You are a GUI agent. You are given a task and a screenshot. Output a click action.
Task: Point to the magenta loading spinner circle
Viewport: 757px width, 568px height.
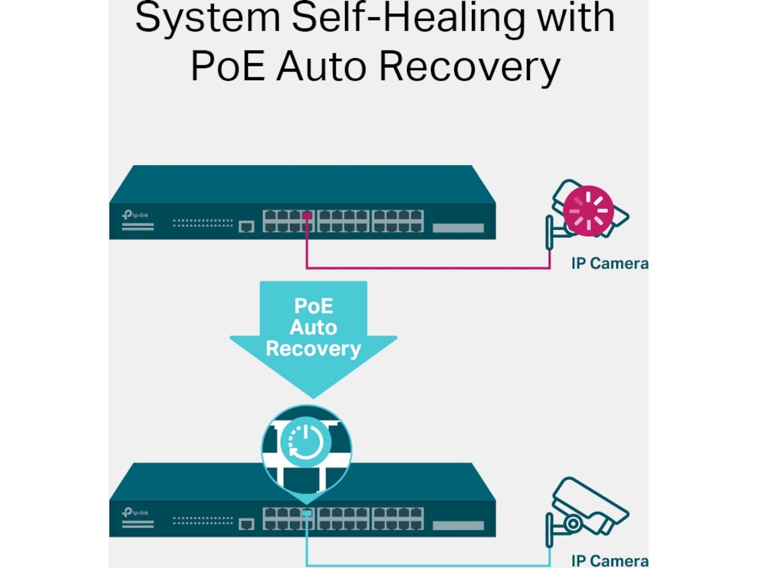tap(588, 211)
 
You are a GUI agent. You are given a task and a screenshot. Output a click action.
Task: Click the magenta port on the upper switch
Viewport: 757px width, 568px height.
tap(307, 216)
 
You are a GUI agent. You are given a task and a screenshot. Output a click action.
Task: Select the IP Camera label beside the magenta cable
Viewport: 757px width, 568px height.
tap(609, 263)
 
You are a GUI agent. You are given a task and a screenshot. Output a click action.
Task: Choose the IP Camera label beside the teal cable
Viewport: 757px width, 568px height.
tap(609, 560)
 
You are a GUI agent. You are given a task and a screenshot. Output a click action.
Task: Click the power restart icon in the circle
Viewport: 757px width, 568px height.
tap(306, 441)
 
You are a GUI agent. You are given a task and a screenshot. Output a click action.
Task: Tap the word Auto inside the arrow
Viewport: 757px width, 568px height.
tap(313, 328)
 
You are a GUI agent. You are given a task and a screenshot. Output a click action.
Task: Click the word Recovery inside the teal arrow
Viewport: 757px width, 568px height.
tap(313, 348)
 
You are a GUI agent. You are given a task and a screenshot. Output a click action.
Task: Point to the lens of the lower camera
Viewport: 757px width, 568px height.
tap(573, 523)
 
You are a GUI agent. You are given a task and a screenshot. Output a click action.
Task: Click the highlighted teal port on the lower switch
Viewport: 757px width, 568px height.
tap(307, 513)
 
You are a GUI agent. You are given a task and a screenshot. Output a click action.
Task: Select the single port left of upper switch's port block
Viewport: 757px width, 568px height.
tap(247, 226)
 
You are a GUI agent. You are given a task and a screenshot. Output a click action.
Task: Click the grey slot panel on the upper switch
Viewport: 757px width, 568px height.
tap(459, 228)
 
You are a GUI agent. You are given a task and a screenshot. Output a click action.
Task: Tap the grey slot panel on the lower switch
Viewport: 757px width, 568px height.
tap(459, 525)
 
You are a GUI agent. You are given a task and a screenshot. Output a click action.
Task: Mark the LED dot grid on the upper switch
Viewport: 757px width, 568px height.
tap(202, 223)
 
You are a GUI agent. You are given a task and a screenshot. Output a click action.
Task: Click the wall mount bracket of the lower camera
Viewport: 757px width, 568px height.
tap(550, 525)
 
